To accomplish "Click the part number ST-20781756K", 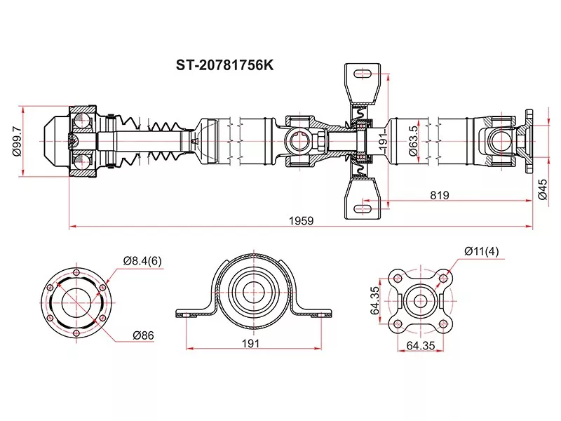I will (224, 65).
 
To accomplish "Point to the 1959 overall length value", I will (301, 220).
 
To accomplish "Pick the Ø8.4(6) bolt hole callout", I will (142, 261).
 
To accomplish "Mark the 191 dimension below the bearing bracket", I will (251, 343).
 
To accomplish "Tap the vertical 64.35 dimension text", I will (376, 300).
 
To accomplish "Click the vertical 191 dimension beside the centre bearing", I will (383, 140).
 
